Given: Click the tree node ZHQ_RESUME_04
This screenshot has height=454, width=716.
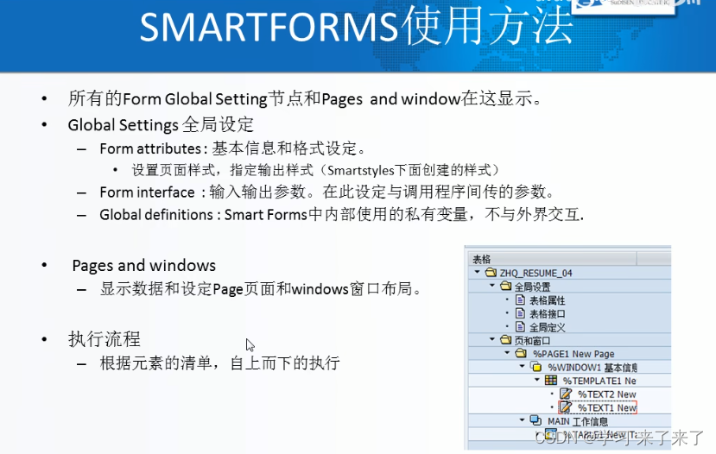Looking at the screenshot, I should click(x=535, y=273).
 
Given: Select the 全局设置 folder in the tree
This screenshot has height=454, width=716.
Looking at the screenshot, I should click(x=532, y=287).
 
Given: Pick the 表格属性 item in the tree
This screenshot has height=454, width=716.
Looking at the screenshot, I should click(x=547, y=300).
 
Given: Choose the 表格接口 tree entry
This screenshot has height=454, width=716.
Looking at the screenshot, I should click(x=547, y=314).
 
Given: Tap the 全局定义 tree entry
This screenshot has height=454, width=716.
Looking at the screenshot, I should click(x=547, y=327).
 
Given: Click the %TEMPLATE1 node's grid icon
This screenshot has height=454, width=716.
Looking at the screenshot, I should click(x=551, y=381).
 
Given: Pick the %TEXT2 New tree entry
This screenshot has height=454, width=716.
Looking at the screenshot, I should click(x=606, y=394).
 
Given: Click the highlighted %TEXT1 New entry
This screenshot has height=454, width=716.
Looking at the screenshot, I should click(x=606, y=407).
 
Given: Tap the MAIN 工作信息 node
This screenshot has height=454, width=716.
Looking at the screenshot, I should click(x=577, y=421).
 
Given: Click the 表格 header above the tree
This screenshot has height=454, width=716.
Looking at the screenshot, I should click(x=481, y=259).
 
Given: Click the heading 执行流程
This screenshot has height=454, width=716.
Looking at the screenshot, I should click(x=105, y=339).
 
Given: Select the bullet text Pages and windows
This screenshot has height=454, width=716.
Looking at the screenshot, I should click(x=143, y=266).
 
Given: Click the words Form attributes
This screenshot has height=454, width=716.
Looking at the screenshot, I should click(x=150, y=148).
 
